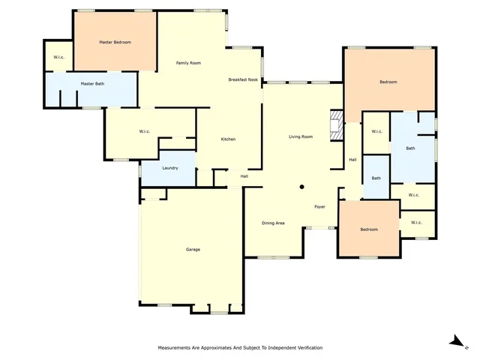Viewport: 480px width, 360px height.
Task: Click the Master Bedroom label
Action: click(115, 43)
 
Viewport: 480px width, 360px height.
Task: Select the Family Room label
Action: click(188, 63)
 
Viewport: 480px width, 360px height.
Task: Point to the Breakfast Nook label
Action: click(243, 79)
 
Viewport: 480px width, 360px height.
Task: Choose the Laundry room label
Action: click(169, 168)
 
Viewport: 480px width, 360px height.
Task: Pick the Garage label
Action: click(193, 250)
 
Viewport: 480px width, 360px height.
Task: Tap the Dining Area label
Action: click(273, 223)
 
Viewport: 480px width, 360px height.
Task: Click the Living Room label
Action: click(301, 137)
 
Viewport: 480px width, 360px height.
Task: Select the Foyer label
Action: click(319, 206)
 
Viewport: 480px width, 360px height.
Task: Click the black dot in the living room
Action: click(301, 187)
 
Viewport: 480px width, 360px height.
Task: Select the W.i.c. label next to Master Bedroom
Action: click(58, 58)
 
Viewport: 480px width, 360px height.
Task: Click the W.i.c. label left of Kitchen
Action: click(145, 132)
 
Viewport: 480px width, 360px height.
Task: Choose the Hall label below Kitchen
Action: click(244, 176)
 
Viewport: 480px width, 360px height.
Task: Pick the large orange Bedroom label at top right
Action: click(388, 82)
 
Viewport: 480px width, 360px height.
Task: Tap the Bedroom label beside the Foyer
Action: click(368, 229)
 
